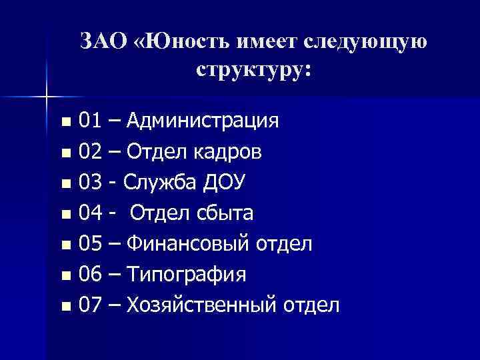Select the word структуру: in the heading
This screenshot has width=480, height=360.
tap(253, 69)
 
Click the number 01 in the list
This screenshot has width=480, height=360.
tap(90, 121)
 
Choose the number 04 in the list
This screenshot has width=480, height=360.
tap(90, 213)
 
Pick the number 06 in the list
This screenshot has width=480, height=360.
tap(90, 275)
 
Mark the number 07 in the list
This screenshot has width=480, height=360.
tap(90, 305)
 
